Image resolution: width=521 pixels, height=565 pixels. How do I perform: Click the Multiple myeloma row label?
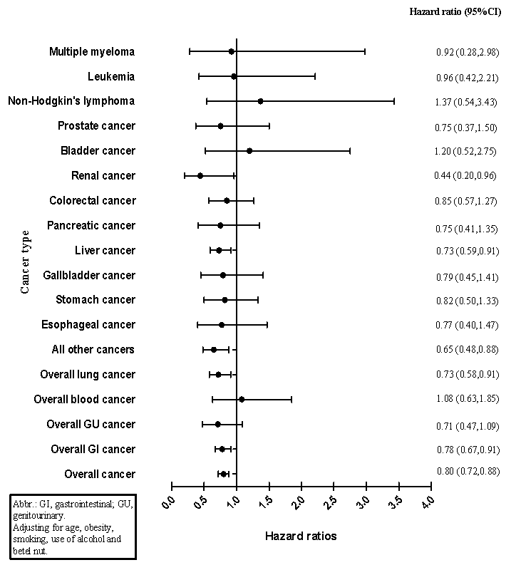click(92, 51)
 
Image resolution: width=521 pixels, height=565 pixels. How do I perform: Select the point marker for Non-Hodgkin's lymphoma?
click(260, 101)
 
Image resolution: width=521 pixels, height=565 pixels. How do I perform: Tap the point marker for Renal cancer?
click(200, 176)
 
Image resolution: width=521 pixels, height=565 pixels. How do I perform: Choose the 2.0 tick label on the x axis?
click(299, 502)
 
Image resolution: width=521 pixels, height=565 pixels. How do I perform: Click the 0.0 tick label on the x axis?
click(169, 502)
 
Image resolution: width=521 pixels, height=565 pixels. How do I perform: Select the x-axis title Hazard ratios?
click(301, 535)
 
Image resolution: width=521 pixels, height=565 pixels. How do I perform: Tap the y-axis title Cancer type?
click(25, 261)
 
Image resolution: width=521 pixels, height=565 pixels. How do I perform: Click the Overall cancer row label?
click(99, 475)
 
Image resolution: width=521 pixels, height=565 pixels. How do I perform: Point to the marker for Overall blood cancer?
click(242, 400)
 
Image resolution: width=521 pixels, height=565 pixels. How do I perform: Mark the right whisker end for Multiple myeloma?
click(365, 51)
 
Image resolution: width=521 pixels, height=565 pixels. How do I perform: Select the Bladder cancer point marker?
click(249, 151)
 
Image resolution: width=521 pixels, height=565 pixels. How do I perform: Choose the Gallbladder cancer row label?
click(89, 275)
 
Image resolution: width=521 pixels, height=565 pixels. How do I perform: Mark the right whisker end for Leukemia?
click(315, 76)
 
